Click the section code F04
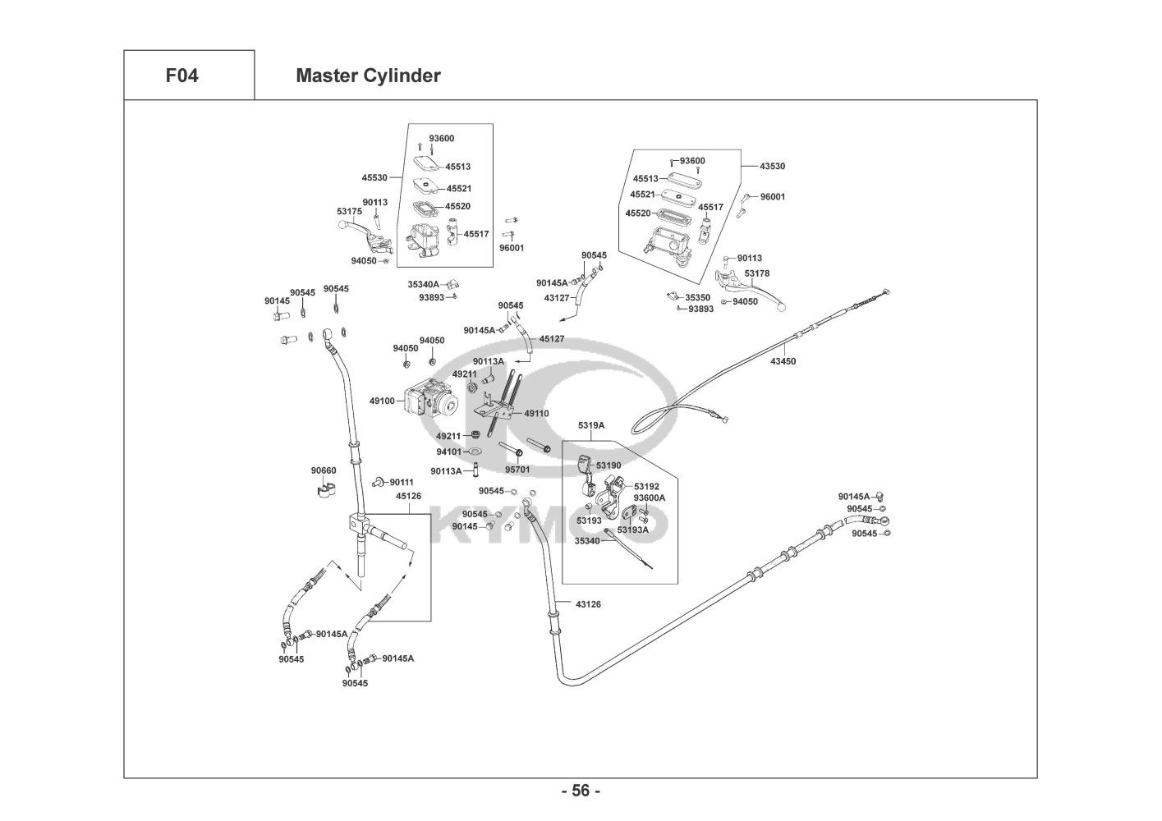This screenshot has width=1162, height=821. point(181,76)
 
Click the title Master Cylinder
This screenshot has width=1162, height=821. point(368,76)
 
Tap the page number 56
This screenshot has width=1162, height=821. point(581,791)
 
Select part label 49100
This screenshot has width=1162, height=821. point(382,401)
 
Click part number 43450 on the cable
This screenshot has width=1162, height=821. point(783,361)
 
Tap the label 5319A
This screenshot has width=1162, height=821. point(590,425)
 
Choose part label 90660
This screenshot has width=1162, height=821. point(323,470)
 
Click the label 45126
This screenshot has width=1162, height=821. point(408,496)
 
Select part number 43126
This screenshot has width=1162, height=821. point(588,604)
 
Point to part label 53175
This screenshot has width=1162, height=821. point(349,212)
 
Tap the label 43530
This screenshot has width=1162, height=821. point(772,166)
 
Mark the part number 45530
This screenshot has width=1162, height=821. point(374,177)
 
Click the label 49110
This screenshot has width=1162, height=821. point(536,414)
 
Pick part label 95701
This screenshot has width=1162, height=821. point(517,470)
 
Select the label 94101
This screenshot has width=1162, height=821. point(448,452)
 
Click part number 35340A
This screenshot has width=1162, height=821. point(424,284)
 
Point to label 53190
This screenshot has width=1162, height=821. point(609,466)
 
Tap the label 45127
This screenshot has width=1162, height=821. point(552,338)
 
